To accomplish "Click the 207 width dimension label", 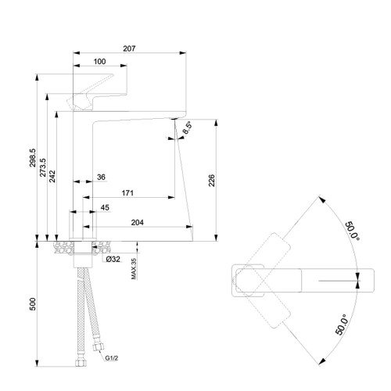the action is (129, 48).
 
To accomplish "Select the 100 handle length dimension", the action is (99, 62).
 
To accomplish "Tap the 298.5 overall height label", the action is (33, 158).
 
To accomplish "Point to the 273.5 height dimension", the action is (43, 167).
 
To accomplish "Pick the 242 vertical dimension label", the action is (52, 176).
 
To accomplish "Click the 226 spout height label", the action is (212, 181).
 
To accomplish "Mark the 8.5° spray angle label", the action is (188, 127).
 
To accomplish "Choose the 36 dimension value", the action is (101, 177).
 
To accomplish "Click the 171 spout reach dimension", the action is (127, 193).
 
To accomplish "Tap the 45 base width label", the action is (105, 207).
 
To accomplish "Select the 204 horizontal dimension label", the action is (138, 222).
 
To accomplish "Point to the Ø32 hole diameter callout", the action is (113, 259).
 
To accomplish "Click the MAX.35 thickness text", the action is (134, 269).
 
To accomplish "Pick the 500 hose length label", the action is (33, 304).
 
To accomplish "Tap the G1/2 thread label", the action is (112, 358).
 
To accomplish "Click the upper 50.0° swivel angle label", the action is (353, 231).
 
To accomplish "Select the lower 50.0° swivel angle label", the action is (342, 325).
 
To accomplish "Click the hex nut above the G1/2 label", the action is (99, 346).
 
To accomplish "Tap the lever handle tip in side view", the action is (112, 75).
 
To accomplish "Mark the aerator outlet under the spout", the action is (174, 119).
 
